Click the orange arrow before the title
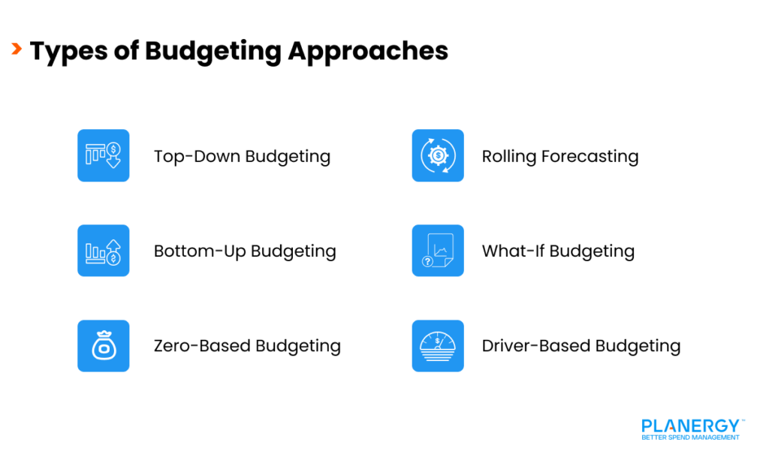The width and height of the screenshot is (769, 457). [16, 50]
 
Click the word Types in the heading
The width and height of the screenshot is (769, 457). [65, 51]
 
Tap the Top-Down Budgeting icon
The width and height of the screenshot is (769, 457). [104, 155]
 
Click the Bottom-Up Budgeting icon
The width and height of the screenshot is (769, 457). [104, 251]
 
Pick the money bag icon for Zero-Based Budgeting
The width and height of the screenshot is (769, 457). [104, 346]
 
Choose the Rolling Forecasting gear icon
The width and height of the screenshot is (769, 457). [438, 155]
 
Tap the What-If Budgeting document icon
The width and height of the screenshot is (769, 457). [438, 251]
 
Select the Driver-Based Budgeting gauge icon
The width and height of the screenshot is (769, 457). [438, 346]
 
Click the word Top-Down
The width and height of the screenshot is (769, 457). [197, 157]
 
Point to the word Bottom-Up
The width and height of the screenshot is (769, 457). [200, 251]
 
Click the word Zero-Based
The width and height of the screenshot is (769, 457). [202, 346]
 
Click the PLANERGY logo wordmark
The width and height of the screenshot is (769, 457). [690, 425]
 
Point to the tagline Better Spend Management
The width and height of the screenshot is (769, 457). [690, 437]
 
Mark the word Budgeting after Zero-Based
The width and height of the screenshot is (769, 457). [299, 346]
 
